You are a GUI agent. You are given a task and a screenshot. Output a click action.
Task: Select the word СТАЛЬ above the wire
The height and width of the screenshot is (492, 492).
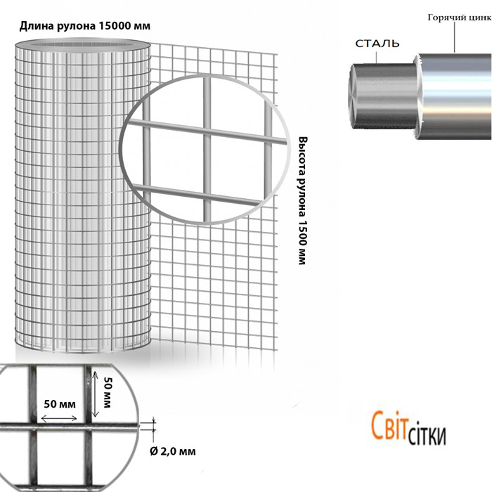(x=377, y=44)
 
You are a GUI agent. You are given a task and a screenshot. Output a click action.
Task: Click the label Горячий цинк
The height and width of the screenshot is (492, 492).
(x=460, y=18)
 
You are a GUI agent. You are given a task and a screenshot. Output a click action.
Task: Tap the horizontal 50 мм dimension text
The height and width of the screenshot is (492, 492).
(x=60, y=404)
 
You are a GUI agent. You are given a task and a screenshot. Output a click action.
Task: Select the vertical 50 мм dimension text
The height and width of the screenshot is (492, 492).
(x=108, y=392)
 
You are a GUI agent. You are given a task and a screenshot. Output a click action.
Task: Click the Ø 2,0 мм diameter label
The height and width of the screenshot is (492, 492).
(x=173, y=451)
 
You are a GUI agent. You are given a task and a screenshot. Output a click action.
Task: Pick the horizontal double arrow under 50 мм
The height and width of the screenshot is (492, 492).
(x=59, y=419)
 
